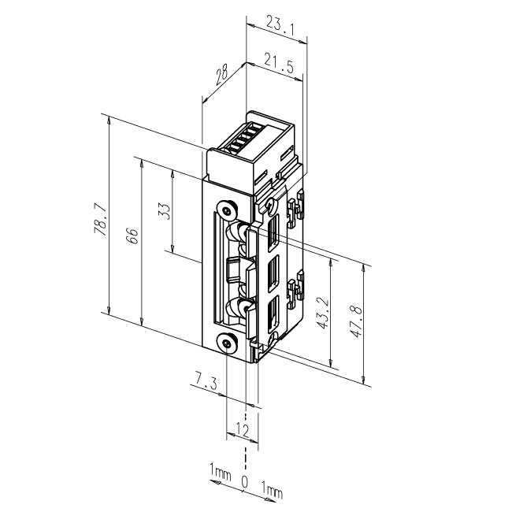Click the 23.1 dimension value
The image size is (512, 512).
276,26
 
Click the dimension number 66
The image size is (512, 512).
133,236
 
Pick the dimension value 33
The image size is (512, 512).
165,212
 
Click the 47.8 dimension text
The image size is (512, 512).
357,322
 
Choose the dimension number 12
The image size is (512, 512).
242,429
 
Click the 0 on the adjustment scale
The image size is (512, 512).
245,481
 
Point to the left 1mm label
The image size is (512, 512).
220,473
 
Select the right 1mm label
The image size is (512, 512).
271,492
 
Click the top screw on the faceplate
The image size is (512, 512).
227,210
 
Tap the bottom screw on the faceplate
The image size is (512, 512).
227,343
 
